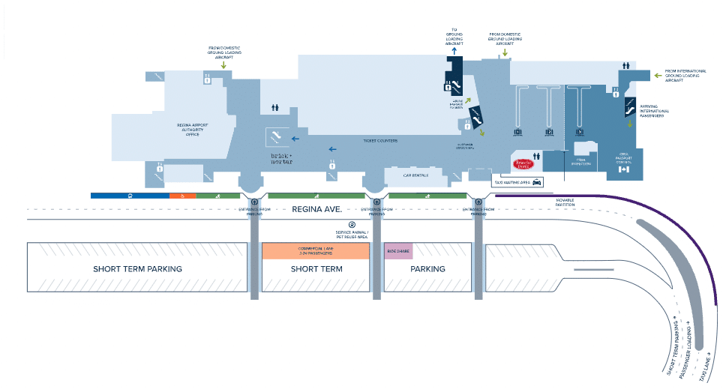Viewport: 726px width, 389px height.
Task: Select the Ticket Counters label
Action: (379, 141)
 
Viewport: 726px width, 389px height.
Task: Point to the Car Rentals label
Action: (415, 176)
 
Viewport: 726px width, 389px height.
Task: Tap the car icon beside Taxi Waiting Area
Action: (537, 181)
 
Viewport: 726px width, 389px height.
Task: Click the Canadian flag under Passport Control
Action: (622, 170)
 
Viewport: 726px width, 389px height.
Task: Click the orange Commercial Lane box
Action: (315, 250)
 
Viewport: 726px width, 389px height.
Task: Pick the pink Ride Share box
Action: (398, 250)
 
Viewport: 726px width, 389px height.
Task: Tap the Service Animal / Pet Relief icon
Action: (350, 224)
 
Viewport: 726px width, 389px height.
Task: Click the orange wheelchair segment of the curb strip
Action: (182, 196)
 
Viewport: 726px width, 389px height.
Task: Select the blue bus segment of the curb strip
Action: (130, 196)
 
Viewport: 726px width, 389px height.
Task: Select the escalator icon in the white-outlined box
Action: (275, 136)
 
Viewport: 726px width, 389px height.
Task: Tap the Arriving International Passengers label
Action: (655, 111)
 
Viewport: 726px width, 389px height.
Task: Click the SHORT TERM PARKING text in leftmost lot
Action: (137, 268)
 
